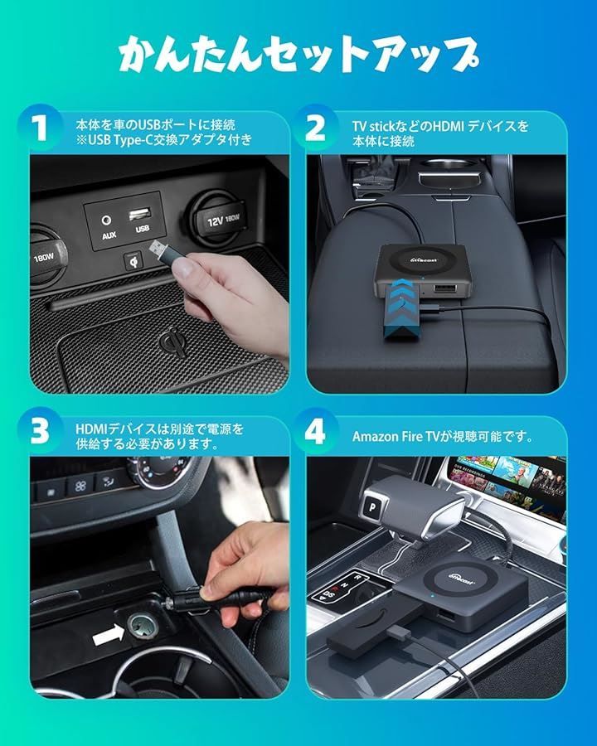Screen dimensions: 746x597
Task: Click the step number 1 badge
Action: (39, 129)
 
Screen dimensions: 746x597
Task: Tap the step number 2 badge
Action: (315, 129)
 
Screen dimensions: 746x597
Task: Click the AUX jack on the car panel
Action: (105, 220)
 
